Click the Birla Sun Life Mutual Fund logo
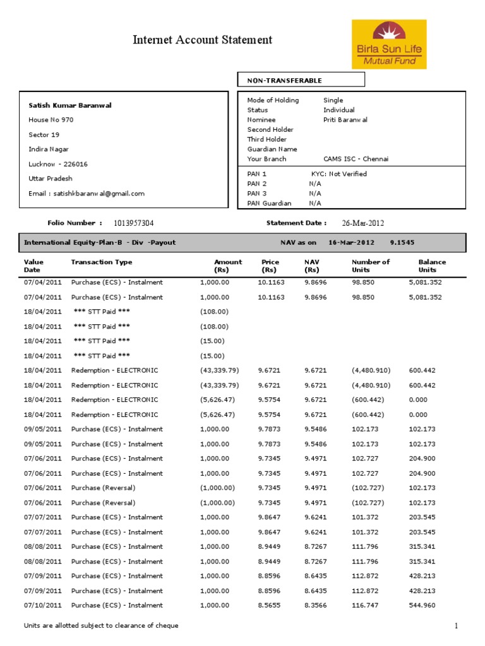point(389,44)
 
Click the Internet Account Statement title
point(202,40)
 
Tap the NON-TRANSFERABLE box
point(301,80)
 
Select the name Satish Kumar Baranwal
point(70,105)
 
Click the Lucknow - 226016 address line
point(58,164)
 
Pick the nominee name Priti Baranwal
point(345,120)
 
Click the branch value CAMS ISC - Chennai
point(356,159)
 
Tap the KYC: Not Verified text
point(338,173)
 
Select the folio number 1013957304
point(134,223)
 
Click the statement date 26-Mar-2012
point(362,223)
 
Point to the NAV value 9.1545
point(402,242)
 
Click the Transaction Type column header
point(102,262)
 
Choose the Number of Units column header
point(370,266)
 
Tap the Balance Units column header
point(432,266)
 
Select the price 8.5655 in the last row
point(271,606)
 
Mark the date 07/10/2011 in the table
point(43,606)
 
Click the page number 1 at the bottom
point(455,625)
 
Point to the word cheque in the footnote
point(167,626)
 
